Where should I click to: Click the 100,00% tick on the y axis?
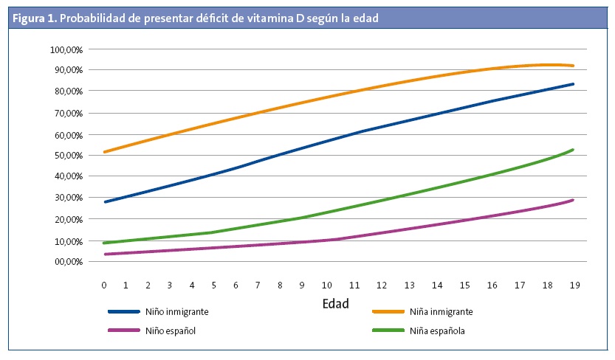(x=66, y=49)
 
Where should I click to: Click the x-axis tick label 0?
(x=104, y=285)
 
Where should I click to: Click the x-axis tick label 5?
(x=214, y=285)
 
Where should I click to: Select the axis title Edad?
(x=336, y=303)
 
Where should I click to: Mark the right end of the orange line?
(x=573, y=66)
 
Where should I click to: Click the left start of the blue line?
(x=105, y=201)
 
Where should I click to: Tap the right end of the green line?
(x=573, y=150)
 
